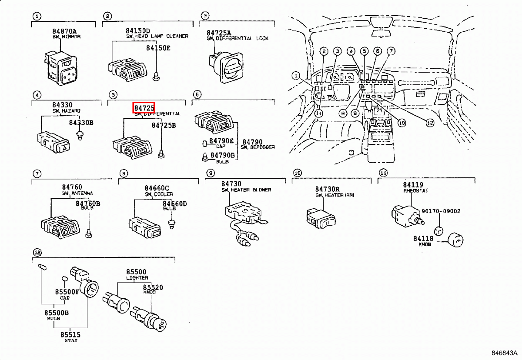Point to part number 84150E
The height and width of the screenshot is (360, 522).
pyautogui.click(x=158, y=48)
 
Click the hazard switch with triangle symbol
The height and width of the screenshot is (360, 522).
pyautogui.click(x=53, y=144)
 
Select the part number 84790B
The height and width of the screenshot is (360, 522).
pyautogui.click(x=222, y=155)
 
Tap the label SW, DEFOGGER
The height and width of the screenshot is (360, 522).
pyautogui.click(x=258, y=147)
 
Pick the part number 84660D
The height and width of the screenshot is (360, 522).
pyautogui.click(x=174, y=203)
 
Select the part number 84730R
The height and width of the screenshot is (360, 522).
pyautogui.click(x=327, y=189)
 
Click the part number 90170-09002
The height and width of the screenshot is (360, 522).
pyautogui.click(x=441, y=211)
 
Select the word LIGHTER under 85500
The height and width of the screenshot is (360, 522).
pyautogui.click(x=137, y=278)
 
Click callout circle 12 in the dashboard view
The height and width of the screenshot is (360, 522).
pyautogui.click(x=430, y=123)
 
